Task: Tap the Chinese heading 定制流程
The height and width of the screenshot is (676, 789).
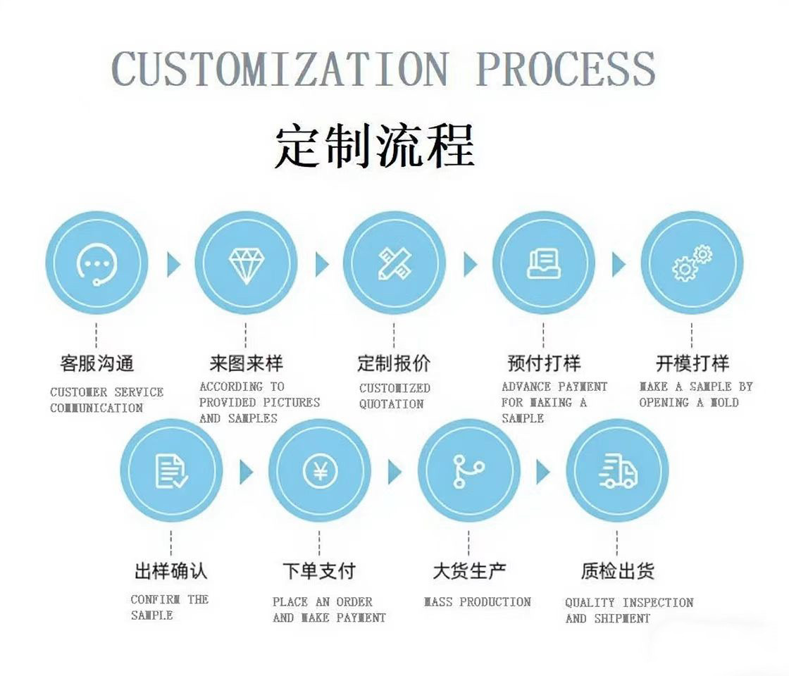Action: pyautogui.click(x=374, y=146)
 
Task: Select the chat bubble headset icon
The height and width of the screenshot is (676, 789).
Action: pyautogui.click(x=97, y=263)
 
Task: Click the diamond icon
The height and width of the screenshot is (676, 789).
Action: pyautogui.click(x=245, y=263)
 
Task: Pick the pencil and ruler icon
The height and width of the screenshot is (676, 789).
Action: pyautogui.click(x=394, y=263)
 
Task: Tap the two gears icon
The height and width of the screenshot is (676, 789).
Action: pyautogui.click(x=692, y=263)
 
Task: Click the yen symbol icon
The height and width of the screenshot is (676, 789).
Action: pyautogui.click(x=320, y=470)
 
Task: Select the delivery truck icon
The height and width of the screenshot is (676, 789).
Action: pyautogui.click(x=618, y=470)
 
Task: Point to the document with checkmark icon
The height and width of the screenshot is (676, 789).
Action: pyautogui.click(x=171, y=470)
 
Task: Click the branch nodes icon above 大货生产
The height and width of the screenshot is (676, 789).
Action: pyautogui.click(x=468, y=470)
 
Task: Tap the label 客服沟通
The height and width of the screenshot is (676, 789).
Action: pyautogui.click(x=97, y=364)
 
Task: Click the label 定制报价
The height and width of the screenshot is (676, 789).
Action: pyautogui.click(x=394, y=364)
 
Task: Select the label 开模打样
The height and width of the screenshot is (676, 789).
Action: pyautogui.click(x=692, y=364)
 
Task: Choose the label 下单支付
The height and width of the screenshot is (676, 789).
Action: pyautogui.click(x=319, y=571)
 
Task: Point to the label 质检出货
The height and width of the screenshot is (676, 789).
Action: pyautogui.click(x=617, y=571)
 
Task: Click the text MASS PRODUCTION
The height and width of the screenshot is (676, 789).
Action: pyautogui.click(x=477, y=602)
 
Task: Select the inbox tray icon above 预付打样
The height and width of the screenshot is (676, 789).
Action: pyautogui.click(x=543, y=263)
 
